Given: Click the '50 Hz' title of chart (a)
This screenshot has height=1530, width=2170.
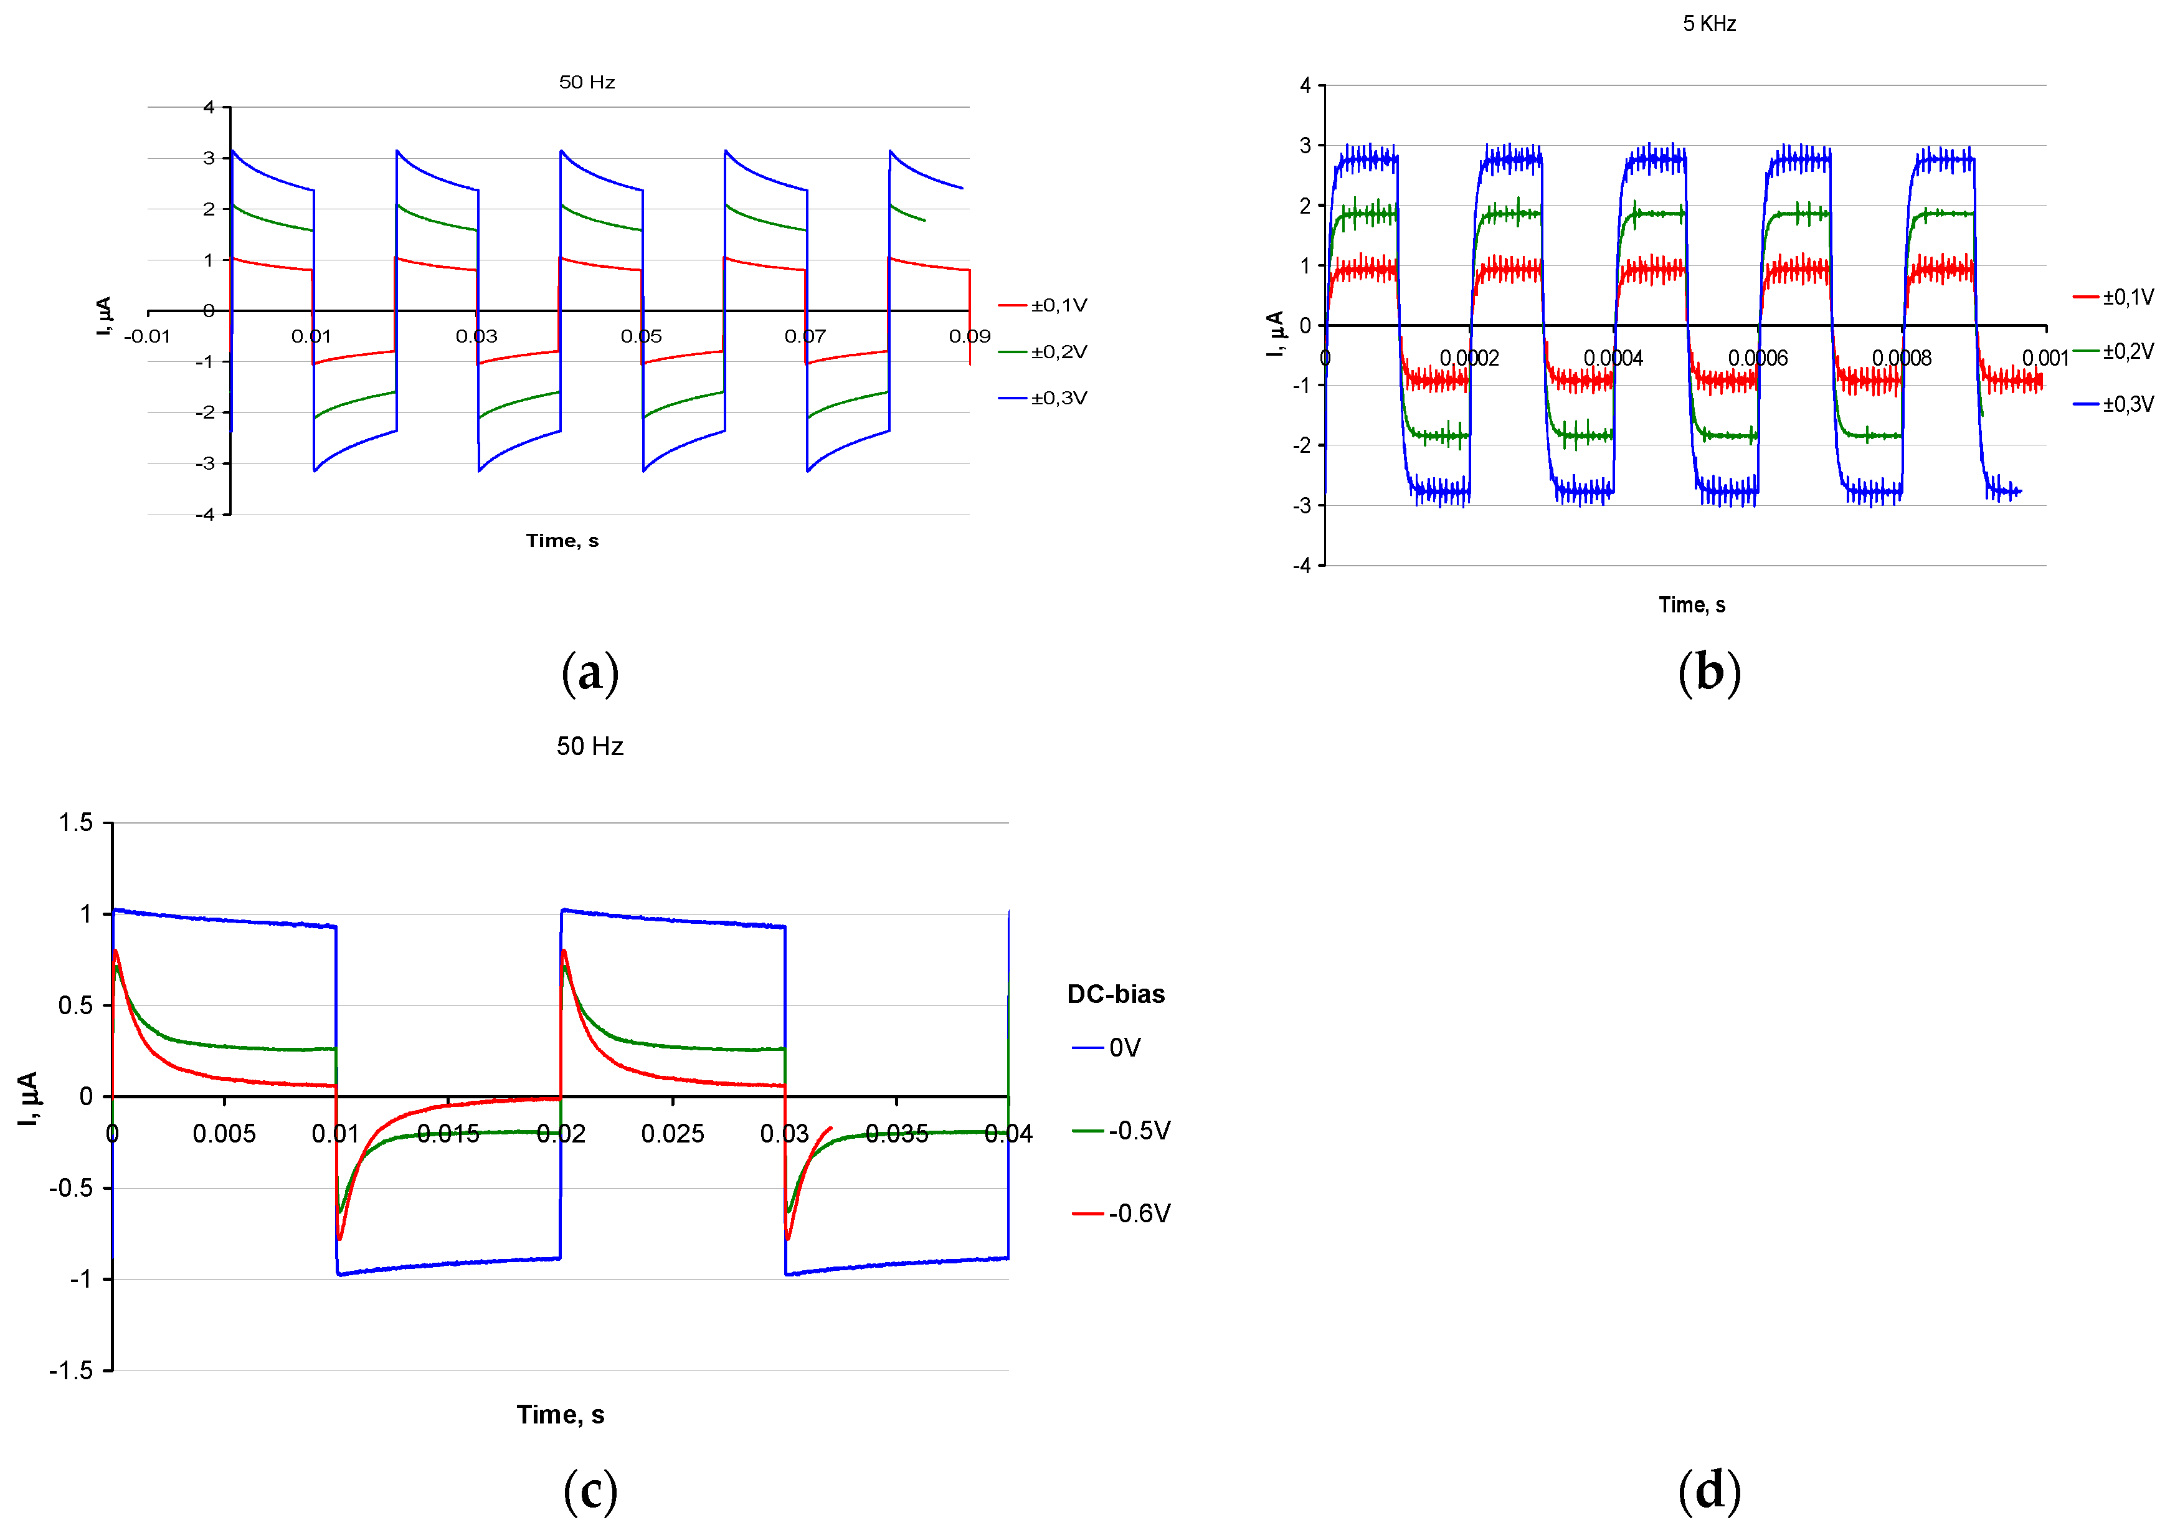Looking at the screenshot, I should [x=586, y=82].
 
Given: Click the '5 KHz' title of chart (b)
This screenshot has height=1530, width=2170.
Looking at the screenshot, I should [x=1708, y=24].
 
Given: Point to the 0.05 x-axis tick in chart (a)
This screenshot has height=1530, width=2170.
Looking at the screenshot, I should [x=641, y=336].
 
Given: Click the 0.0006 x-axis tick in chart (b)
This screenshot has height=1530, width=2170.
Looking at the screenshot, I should [x=1757, y=358].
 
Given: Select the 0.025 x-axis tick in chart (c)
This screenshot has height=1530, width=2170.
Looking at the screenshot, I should [x=672, y=1133].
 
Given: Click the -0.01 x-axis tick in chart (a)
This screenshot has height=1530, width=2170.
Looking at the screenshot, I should [x=148, y=336].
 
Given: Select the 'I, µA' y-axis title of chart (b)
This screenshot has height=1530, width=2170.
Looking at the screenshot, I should [x=1275, y=333].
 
